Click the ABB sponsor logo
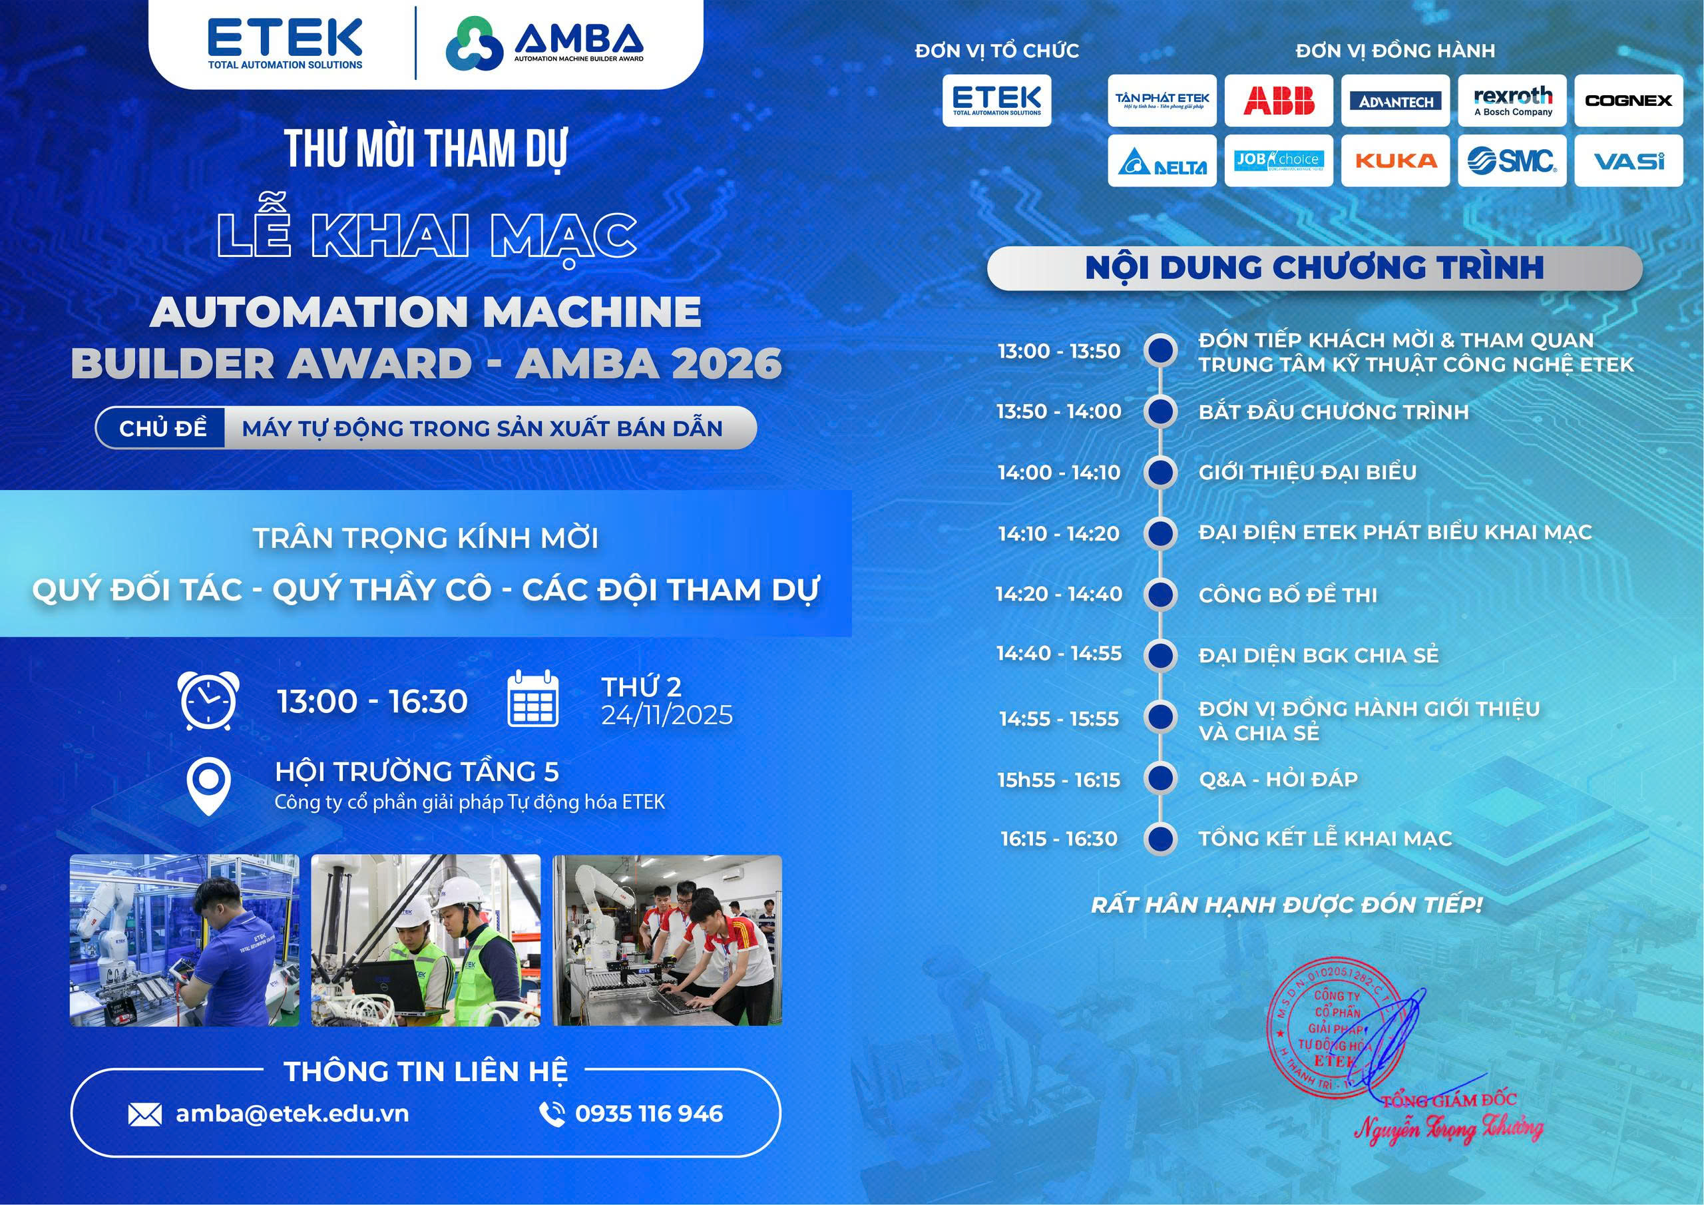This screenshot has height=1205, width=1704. [1278, 101]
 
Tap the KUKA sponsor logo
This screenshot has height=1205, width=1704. [1395, 160]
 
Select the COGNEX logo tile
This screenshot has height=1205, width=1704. [1628, 101]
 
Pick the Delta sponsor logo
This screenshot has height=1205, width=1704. [1162, 162]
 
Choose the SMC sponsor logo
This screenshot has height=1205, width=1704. [1512, 160]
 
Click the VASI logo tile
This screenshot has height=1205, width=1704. [1628, 160]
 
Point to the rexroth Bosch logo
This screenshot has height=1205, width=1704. [1512, 101]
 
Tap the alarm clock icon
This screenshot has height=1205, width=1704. [209, 700]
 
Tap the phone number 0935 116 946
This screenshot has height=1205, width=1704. [648, 1114]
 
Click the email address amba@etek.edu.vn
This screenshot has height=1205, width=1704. [292, 1114]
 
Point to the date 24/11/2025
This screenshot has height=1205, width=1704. [666, 715]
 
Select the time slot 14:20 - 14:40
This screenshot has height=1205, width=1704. [1059, 594]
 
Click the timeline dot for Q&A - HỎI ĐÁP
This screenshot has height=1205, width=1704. [1161, 779]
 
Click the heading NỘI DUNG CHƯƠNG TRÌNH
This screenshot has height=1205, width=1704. [1315, 268]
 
